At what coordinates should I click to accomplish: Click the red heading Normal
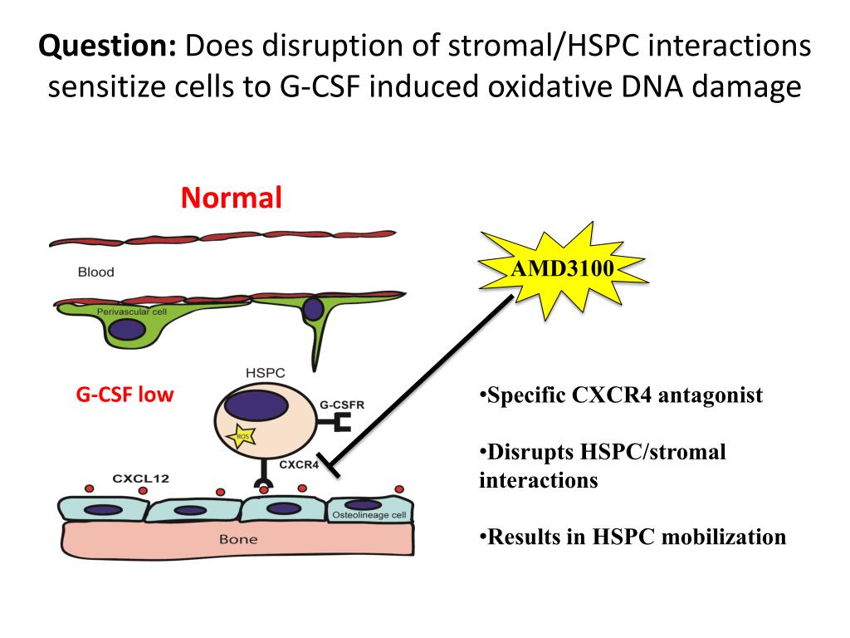point(232,198)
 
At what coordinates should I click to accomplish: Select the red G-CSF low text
point(125,395)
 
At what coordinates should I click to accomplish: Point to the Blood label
point(95,272)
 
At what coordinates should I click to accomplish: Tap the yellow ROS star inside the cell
point(243,437)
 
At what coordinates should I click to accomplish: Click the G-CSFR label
point(342,405)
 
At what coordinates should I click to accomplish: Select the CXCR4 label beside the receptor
point(299,465)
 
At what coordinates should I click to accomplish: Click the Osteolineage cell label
point(369,516)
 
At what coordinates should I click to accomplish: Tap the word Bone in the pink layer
point(238,539)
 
